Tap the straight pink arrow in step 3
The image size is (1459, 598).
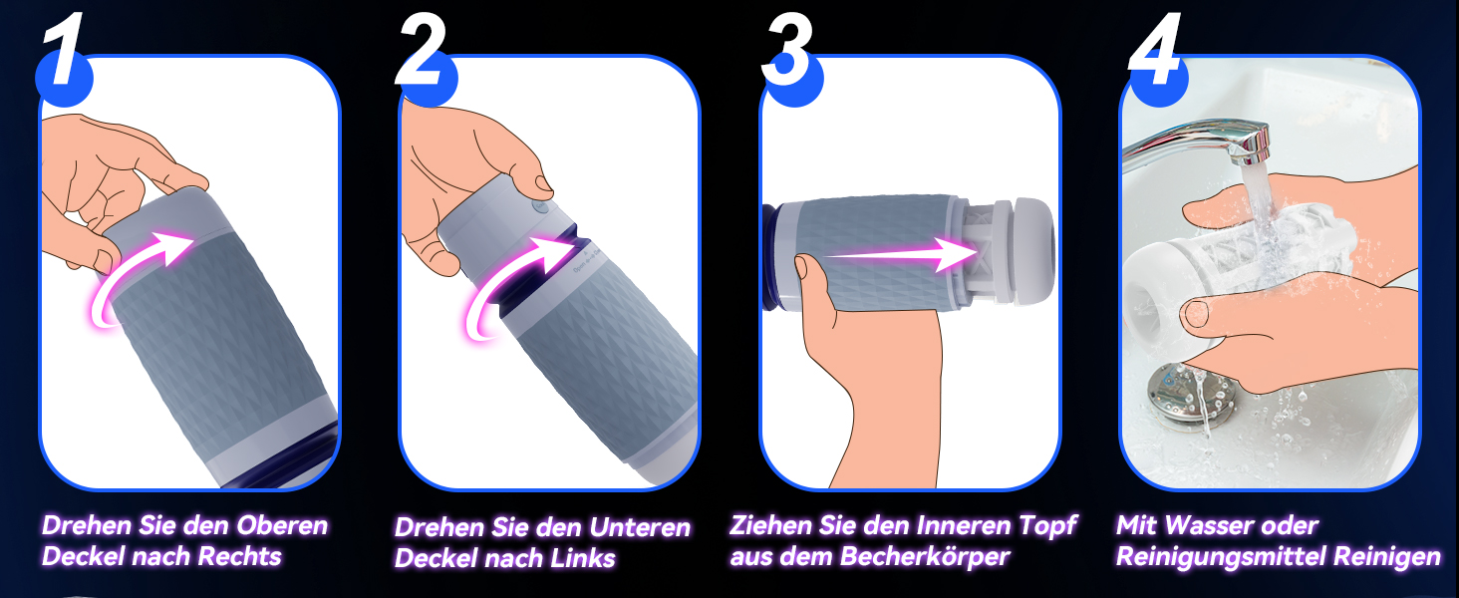click(899, 254)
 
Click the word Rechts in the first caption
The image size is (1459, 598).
click(239, 556)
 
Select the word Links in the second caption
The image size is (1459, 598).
click(582, 558)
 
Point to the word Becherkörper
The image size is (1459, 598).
click(924, 556)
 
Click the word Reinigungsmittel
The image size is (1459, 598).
click(1221, 557)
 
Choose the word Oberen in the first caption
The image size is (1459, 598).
click(281, 525)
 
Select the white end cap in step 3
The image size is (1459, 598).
click(1031, 251)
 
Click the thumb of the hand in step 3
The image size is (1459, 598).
click(815, 281)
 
